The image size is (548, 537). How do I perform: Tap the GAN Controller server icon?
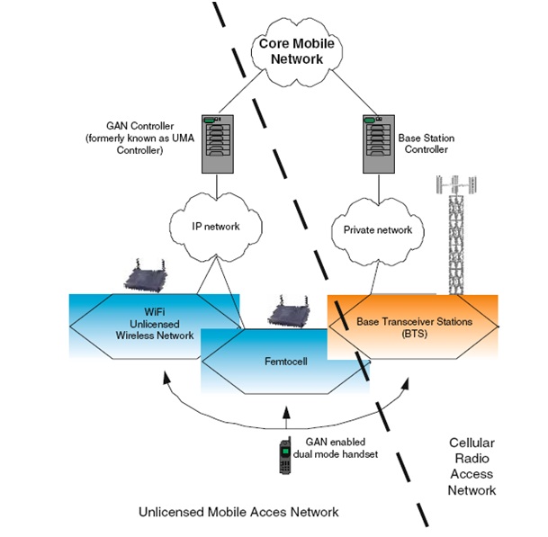point(214,143)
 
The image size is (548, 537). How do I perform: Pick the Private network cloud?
point(378,229)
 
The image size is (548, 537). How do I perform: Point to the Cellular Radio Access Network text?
point(472,466)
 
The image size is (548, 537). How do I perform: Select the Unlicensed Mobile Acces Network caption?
point(238,512)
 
